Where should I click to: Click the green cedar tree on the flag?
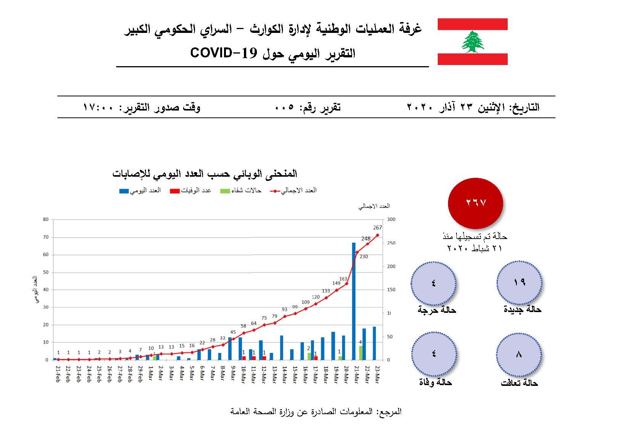tap(473, 42)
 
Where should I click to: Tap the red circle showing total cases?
tap(475, 203)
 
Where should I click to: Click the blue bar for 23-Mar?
tap(374, 343)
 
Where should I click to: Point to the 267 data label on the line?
tap(377, 228)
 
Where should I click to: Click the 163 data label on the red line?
tap(343, 279)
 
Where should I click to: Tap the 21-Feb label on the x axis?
tap(58, 374)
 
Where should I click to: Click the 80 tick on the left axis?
tap(46, 220)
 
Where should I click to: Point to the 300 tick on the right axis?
tap(391, 220)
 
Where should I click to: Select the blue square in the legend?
tap(124, 191)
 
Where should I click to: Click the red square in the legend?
tap(175, 191)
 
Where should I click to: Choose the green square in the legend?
tap(225, 191)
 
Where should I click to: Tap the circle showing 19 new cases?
tap(519, 283)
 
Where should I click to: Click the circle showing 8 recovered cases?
tap(518, 355)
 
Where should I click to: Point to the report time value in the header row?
tap(98, 107)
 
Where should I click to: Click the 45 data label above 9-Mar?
tap(233, 332)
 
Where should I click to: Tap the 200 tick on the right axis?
tap(391, 267)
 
